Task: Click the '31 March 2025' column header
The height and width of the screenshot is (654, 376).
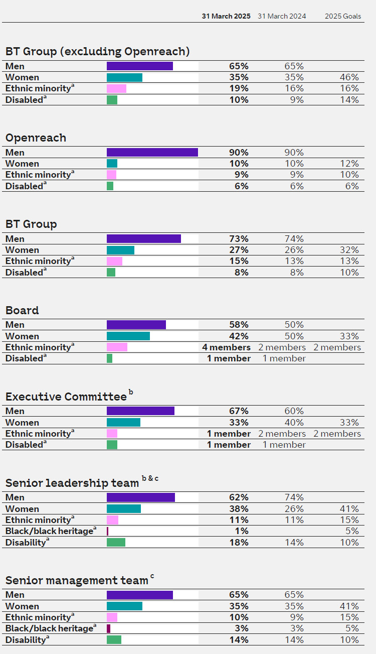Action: coord(226,16)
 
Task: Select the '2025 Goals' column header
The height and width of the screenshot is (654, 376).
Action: coord(342,16)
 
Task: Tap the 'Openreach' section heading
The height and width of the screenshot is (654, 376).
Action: coord(36,138)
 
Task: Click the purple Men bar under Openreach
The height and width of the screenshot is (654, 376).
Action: coord(152,153)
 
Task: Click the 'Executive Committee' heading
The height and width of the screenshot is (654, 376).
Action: coord(66,397)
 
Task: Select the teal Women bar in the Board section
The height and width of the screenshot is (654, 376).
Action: coord(128,336)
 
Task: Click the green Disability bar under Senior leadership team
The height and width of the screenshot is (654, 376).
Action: coord(116,542)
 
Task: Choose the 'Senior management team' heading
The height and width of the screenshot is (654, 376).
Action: coord(77,581)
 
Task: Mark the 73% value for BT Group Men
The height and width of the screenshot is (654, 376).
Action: coord(239,239)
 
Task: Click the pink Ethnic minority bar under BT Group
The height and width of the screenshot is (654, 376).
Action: coord(114,261)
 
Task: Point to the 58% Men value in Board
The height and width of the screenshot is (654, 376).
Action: coord(239,325)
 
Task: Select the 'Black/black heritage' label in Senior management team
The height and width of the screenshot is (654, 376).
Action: coord(49,628)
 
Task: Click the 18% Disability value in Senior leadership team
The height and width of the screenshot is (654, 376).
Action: coord(239,542)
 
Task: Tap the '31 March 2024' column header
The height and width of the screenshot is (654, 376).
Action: coord(282,16)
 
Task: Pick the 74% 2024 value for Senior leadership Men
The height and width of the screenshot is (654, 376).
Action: coord(294,497)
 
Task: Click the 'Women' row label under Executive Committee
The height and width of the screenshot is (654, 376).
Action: coord(22,423)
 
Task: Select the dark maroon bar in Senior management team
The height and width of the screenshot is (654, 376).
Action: coord(108,628)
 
